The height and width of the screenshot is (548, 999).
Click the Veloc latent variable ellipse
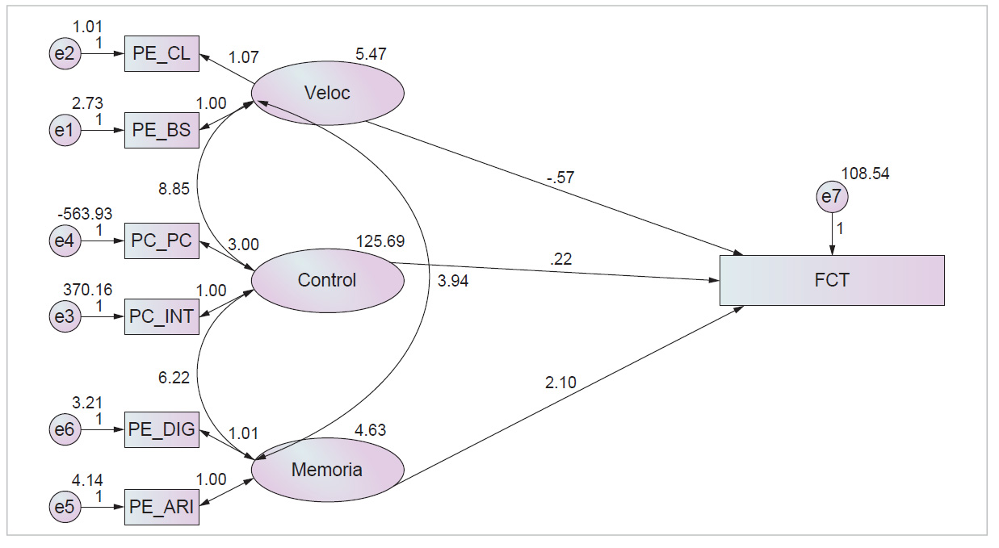click(x=328, y=93)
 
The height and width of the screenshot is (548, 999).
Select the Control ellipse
click(x=328, y=281)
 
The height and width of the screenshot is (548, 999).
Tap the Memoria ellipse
click(x=328, y=470)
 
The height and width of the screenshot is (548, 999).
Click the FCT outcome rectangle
click(x=832, y=280)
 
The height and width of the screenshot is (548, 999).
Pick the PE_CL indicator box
click(x=162, y=53)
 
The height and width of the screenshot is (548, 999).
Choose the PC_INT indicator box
click(x=162, y=316)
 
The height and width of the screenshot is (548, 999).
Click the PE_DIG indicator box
click(x=162, y=429)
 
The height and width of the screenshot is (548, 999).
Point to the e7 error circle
click(x=832, y=196)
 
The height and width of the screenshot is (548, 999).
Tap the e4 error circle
click(x=65, y=241)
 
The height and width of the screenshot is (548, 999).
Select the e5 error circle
click(x=65, y=507)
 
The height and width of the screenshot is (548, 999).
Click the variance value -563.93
click(x=85, y=214)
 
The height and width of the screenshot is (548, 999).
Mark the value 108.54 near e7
click(x=865, y=174)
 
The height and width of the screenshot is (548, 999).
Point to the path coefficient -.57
click(x=560, y=178)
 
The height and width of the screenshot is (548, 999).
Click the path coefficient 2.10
click(x=560, y=383)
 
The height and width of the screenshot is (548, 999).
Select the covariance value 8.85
click(x=174, y=189)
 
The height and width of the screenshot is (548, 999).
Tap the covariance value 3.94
click(x=453, y=281)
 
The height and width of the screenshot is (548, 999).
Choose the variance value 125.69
click(x=380, y=241)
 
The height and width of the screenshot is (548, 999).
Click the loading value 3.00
click(x=243, y=245)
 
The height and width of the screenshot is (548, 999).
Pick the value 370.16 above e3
click(x=87, y=290)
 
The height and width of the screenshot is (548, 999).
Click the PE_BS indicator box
click(x=162, y=130)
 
